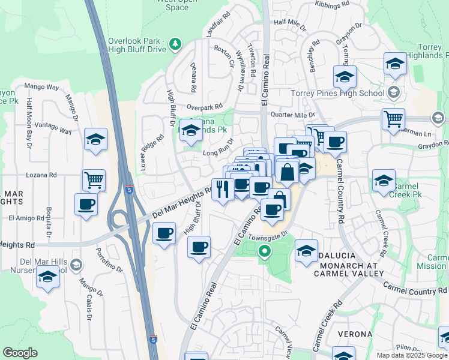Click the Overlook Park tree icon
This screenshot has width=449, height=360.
[x=175, y=43]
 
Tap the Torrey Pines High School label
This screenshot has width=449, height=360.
[x=337, y=93]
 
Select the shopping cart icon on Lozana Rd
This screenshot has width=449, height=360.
[x=94, y=179]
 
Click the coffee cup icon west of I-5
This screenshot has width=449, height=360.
[x=86, y=204]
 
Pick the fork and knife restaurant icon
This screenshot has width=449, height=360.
[x=223, y=190]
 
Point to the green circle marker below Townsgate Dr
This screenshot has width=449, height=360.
[x=264, y=253]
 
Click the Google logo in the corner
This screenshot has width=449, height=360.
[x=20, y=353]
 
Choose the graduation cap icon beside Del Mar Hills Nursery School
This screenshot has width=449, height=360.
[x=47, y=278]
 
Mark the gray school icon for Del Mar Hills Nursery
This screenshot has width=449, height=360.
[x=76, y=265]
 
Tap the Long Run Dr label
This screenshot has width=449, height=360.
[x=217, y=153]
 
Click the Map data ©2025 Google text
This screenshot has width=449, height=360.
[x=411, y=355]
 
